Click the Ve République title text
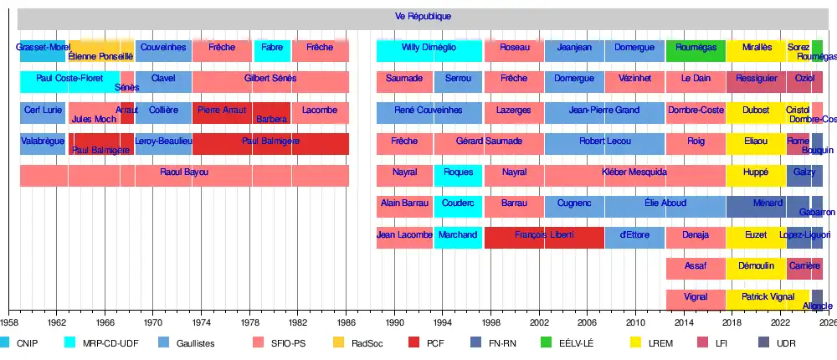tap(424, 17)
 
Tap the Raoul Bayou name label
tap(184, 172)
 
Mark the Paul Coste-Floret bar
tap(69, 78)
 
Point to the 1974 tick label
tap(201, 321)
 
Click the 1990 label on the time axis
tap(394, 321)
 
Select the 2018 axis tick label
tap(732, 321)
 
